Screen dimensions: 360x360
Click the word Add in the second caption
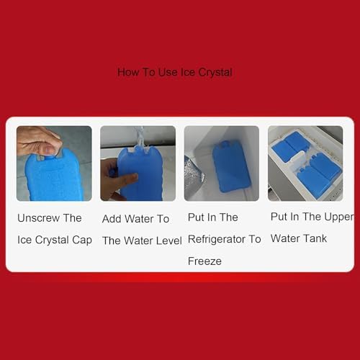111,219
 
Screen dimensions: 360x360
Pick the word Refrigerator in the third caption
217,239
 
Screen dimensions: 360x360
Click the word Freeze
204,261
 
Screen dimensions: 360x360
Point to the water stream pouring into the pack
140,138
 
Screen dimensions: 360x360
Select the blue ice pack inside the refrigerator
231,167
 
